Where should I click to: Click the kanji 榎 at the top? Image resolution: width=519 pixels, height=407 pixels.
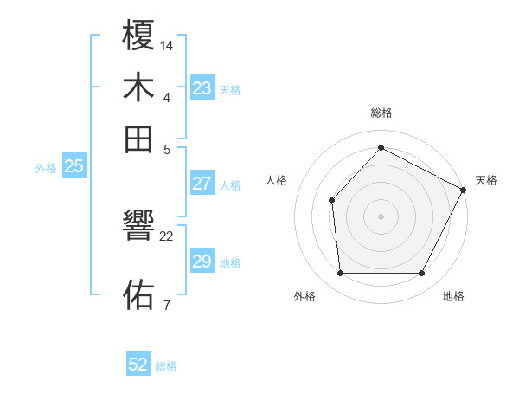(139, 36)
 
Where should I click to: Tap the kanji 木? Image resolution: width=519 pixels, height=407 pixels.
(139, 88)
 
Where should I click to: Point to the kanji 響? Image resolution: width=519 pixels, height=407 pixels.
(139, 229)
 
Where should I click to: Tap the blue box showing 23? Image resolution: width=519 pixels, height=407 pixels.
(202, 88)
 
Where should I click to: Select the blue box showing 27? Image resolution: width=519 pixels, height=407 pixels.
(202, 184)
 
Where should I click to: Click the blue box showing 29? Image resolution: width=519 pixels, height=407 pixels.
(202, 262)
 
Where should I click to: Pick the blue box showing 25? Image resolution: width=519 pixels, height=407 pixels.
(74, 166)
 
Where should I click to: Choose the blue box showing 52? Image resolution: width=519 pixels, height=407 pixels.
(138, 365)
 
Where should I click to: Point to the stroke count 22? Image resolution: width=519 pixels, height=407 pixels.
(167, 236)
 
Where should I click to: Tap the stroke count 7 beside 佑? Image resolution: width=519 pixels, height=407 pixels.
(166, 304)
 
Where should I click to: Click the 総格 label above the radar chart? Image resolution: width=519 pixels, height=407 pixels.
(381, 113)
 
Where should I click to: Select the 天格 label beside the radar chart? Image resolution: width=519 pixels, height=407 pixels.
(486, 180)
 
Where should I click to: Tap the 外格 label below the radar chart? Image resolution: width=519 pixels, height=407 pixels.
(304, 296)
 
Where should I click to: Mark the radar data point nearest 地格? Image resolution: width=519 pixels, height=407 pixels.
(422, 274)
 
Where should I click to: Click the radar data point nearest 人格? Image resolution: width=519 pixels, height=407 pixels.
(331, 200)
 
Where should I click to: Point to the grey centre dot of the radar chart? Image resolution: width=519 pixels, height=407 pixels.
(381, 216)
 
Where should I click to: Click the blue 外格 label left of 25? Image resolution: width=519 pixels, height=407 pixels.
(46, 168)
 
